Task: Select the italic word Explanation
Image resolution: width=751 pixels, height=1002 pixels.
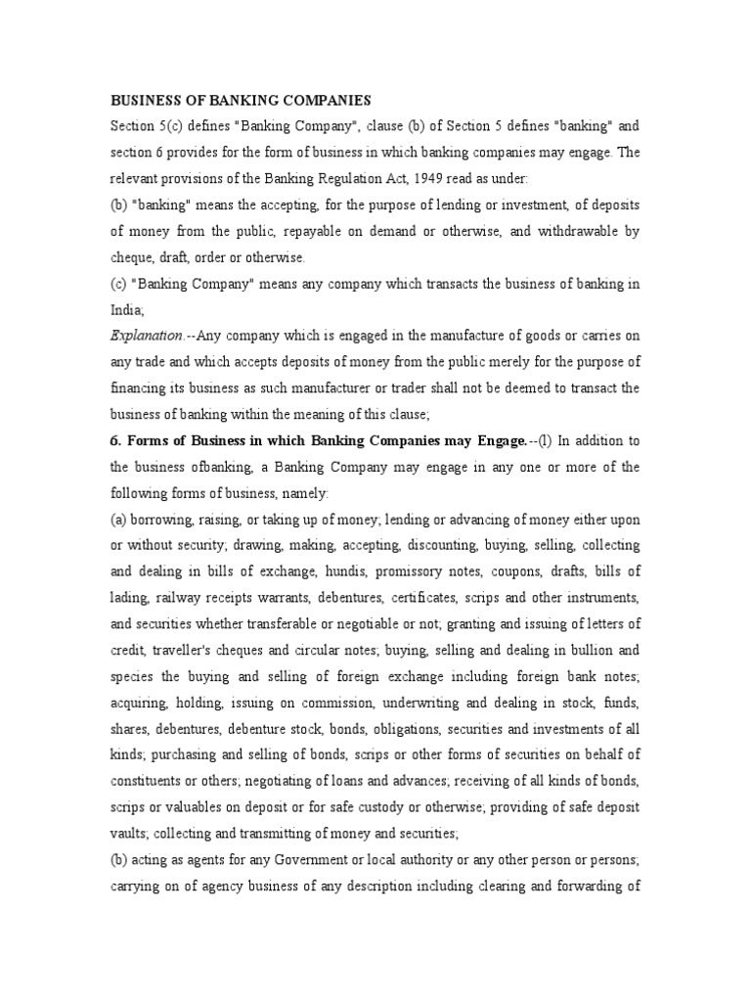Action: click(143, 335)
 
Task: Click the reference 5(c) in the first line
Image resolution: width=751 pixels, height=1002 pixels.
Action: click(175, 126)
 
